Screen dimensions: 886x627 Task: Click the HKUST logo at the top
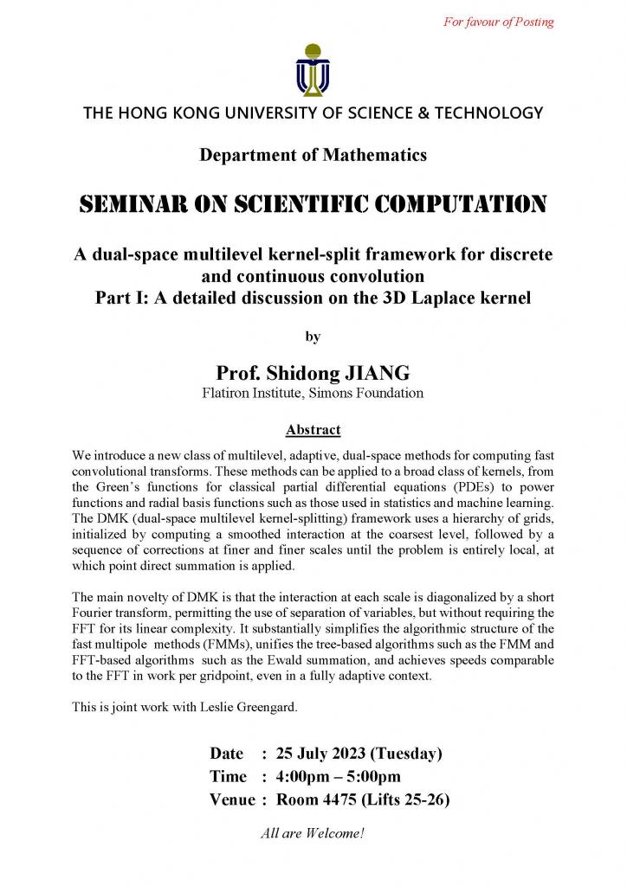tap(313, 68)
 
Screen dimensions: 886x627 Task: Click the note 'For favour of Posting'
tap(499, 22)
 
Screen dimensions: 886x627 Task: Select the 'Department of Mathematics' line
tap(313, 156)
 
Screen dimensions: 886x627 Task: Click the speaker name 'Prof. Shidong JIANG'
tap(313, 373)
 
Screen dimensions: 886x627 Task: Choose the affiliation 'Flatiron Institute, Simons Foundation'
tap(313, 394)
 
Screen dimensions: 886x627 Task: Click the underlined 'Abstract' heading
tap(313, 429)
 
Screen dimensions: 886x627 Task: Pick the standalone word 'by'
tap(313, 337)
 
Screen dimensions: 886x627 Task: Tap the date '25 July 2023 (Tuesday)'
tap(359, 753)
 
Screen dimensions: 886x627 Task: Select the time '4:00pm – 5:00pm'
tap(338, 776)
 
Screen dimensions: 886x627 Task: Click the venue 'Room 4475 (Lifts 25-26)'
tap(362, 799)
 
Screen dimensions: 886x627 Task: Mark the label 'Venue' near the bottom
tap(232, 799)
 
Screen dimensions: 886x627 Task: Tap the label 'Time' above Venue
tap(228, 776)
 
